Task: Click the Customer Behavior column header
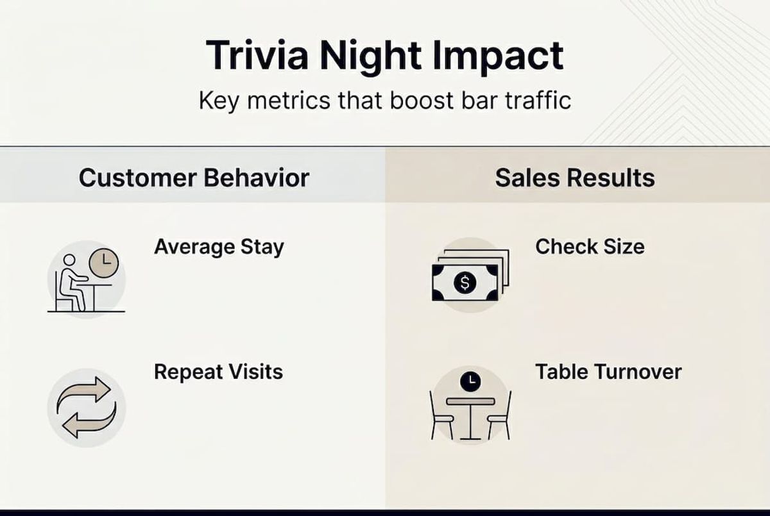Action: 194,178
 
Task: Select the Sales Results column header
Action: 575,178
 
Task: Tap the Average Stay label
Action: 219,247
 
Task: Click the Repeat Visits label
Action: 218,372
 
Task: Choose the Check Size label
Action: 590,247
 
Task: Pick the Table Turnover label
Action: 608,372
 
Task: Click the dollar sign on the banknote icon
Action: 465,282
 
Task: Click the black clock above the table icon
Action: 470,381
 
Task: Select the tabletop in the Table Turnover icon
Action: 470,401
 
